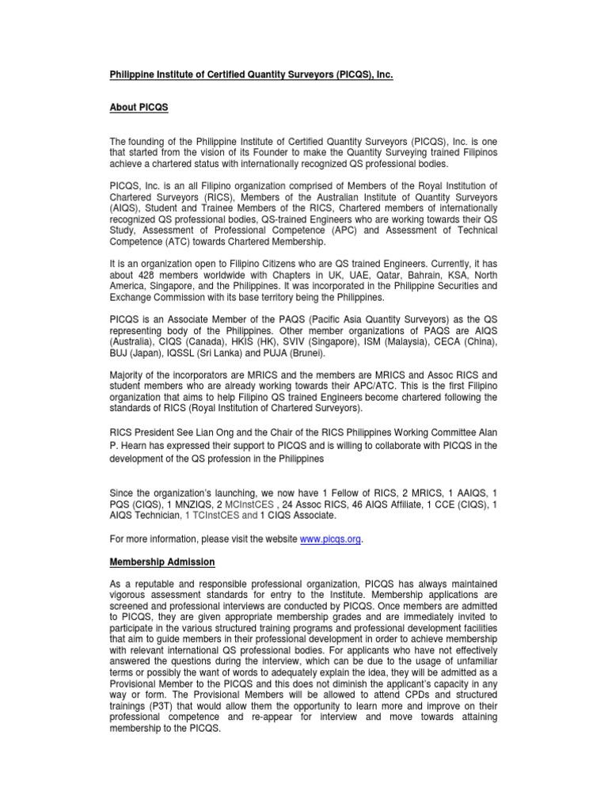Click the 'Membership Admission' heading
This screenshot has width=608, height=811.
pos(162,562)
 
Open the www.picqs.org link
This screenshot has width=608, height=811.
pos(330,539)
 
